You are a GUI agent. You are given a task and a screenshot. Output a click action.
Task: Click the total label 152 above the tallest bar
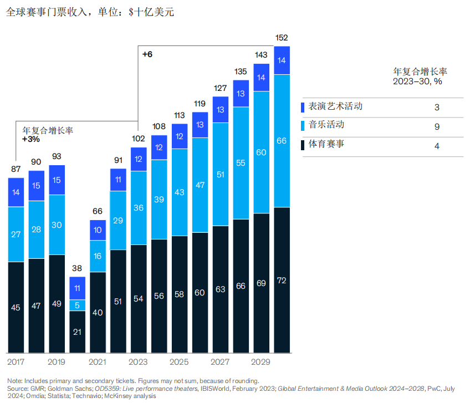(x=282, y=38)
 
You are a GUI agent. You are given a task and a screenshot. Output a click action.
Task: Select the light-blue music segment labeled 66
(x=282, y=141)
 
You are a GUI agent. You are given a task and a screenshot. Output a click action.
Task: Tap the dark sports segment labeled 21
(x=77, y=331)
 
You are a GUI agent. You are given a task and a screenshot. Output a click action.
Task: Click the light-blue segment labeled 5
(x=77, y=304)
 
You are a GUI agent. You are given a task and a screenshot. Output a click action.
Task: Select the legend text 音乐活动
(x=326, y=125)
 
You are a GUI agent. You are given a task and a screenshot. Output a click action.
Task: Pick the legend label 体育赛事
(x=326, y=145)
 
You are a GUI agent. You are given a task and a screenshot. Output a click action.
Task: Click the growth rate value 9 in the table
(x=437, y=127)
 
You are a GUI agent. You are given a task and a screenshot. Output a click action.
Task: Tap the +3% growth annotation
(x=30, y=139)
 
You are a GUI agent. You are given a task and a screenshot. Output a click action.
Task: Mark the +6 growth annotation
(x=147, y=54)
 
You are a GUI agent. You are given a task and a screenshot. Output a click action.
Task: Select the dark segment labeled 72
(x=282, y=280)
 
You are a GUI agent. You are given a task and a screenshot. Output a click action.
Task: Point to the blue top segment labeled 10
(x=98, y=230)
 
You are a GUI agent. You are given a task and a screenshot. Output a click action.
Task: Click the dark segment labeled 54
(x=139, y=299)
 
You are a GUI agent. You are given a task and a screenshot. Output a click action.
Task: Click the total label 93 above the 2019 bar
(x=57, y=157)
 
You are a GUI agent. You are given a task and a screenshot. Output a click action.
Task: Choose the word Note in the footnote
(x=15, y=381)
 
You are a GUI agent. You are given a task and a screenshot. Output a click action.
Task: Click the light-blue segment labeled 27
(x=16, y=234)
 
